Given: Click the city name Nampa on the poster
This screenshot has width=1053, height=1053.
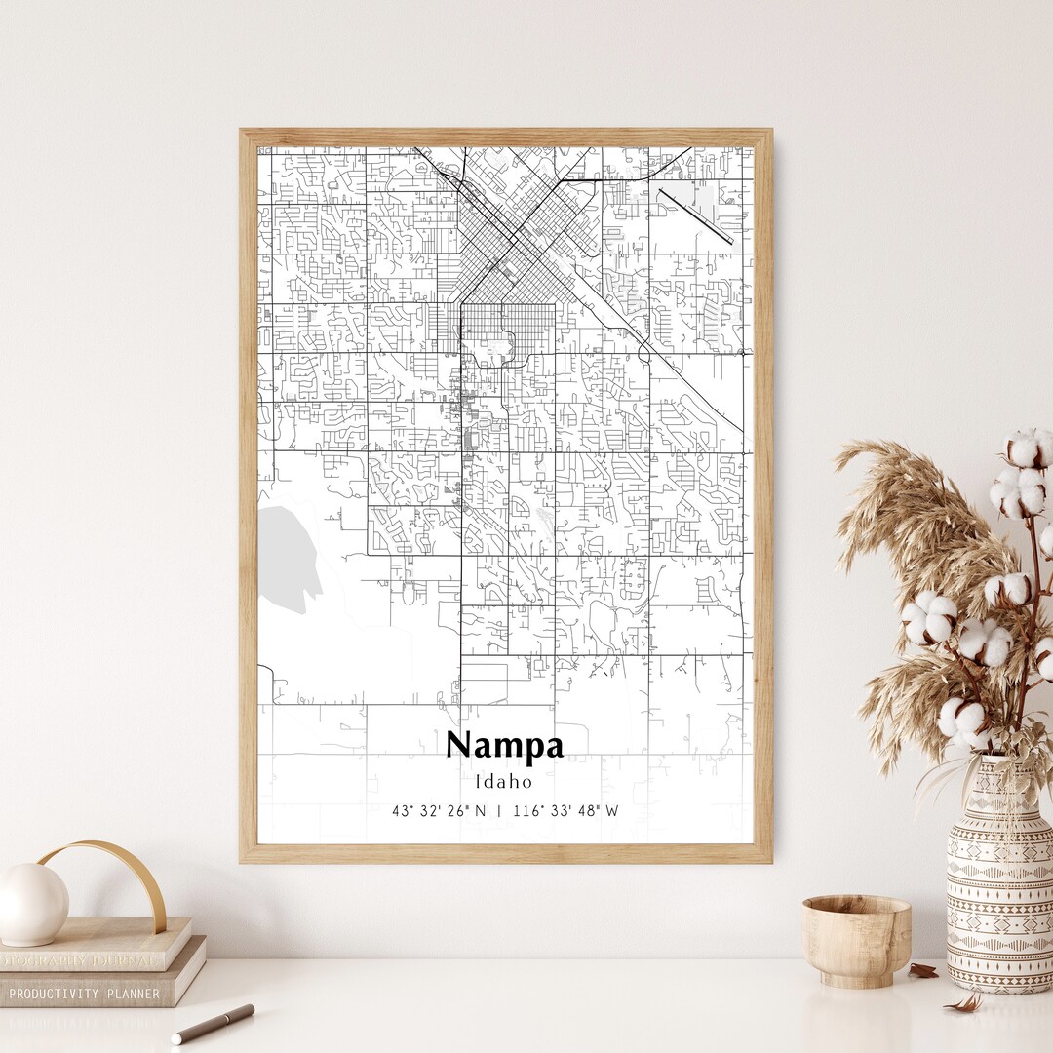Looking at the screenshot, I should (x=504, y=746).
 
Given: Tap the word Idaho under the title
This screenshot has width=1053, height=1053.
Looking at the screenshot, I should (x=504, y=781).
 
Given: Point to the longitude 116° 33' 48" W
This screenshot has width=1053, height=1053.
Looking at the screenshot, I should (x=565, y=810).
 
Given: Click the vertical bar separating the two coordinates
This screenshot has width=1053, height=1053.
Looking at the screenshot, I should (x=500, y=810).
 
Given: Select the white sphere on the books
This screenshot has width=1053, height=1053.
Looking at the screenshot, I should (x=32, y=904).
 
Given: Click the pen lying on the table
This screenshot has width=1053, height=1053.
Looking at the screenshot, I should (x=213, y=1024).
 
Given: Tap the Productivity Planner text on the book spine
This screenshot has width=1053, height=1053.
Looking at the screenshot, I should (x=85, y=994).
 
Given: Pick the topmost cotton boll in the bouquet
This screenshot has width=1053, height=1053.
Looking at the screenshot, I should (x=1030, y=448).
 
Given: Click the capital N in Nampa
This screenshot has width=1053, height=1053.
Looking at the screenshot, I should (x=459, y=746).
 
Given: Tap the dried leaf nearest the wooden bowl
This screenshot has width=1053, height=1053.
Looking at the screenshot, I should (x=922, y=970).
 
